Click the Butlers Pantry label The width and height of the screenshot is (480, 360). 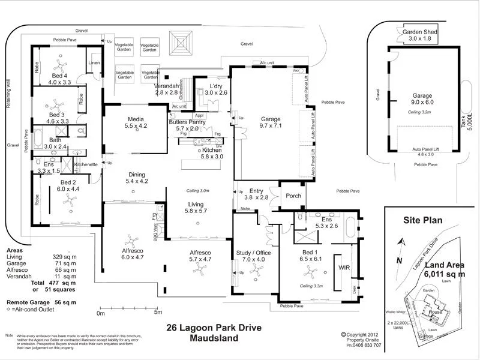tap(187, 122)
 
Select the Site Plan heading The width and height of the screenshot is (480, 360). tap(422, 220)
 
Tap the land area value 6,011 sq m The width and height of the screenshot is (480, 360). tap(445, 274)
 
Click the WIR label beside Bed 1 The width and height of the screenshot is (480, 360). tap(344, 267)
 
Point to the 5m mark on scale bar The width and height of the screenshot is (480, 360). tap(158, 313)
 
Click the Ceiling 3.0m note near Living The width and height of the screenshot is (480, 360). tap(197, 191)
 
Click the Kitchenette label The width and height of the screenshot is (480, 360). tap(86, 164)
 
